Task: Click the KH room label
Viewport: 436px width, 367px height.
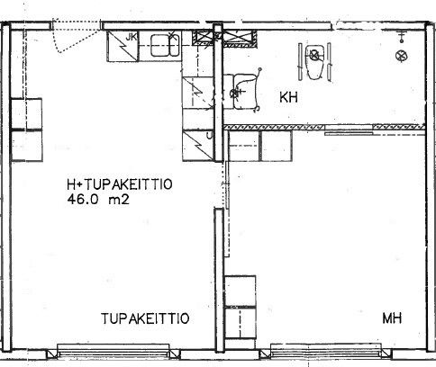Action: click(288, 97)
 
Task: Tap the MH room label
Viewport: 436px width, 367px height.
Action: click(392, 318)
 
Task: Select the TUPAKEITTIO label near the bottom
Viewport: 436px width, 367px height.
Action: click(145, 318)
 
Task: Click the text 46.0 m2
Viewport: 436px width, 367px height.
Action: click(98, 199)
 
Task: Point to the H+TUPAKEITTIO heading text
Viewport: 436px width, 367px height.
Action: click(120, 184)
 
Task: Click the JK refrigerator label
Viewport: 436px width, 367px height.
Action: click(132, 37)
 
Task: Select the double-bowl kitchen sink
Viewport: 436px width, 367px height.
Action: click(165, 46)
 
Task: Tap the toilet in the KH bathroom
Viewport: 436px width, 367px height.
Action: click(314, 62)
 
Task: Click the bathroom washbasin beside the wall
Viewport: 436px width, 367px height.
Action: click(244, 91)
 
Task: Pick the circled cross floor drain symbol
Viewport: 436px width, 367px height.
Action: click(402, 56)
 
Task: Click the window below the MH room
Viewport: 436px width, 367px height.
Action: click(326, 351)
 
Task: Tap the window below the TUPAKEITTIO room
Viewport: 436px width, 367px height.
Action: click(114, 351)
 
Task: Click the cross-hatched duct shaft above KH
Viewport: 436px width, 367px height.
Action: click(241, 39)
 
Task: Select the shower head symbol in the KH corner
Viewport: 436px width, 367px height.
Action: click(401, 36)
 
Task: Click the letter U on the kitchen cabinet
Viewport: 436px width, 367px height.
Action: click(210, 136)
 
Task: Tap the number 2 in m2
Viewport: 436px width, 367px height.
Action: click(126, 200)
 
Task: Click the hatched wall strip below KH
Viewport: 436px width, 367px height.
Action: click(324, 127)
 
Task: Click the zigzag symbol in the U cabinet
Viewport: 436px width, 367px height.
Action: click(198, 146)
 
